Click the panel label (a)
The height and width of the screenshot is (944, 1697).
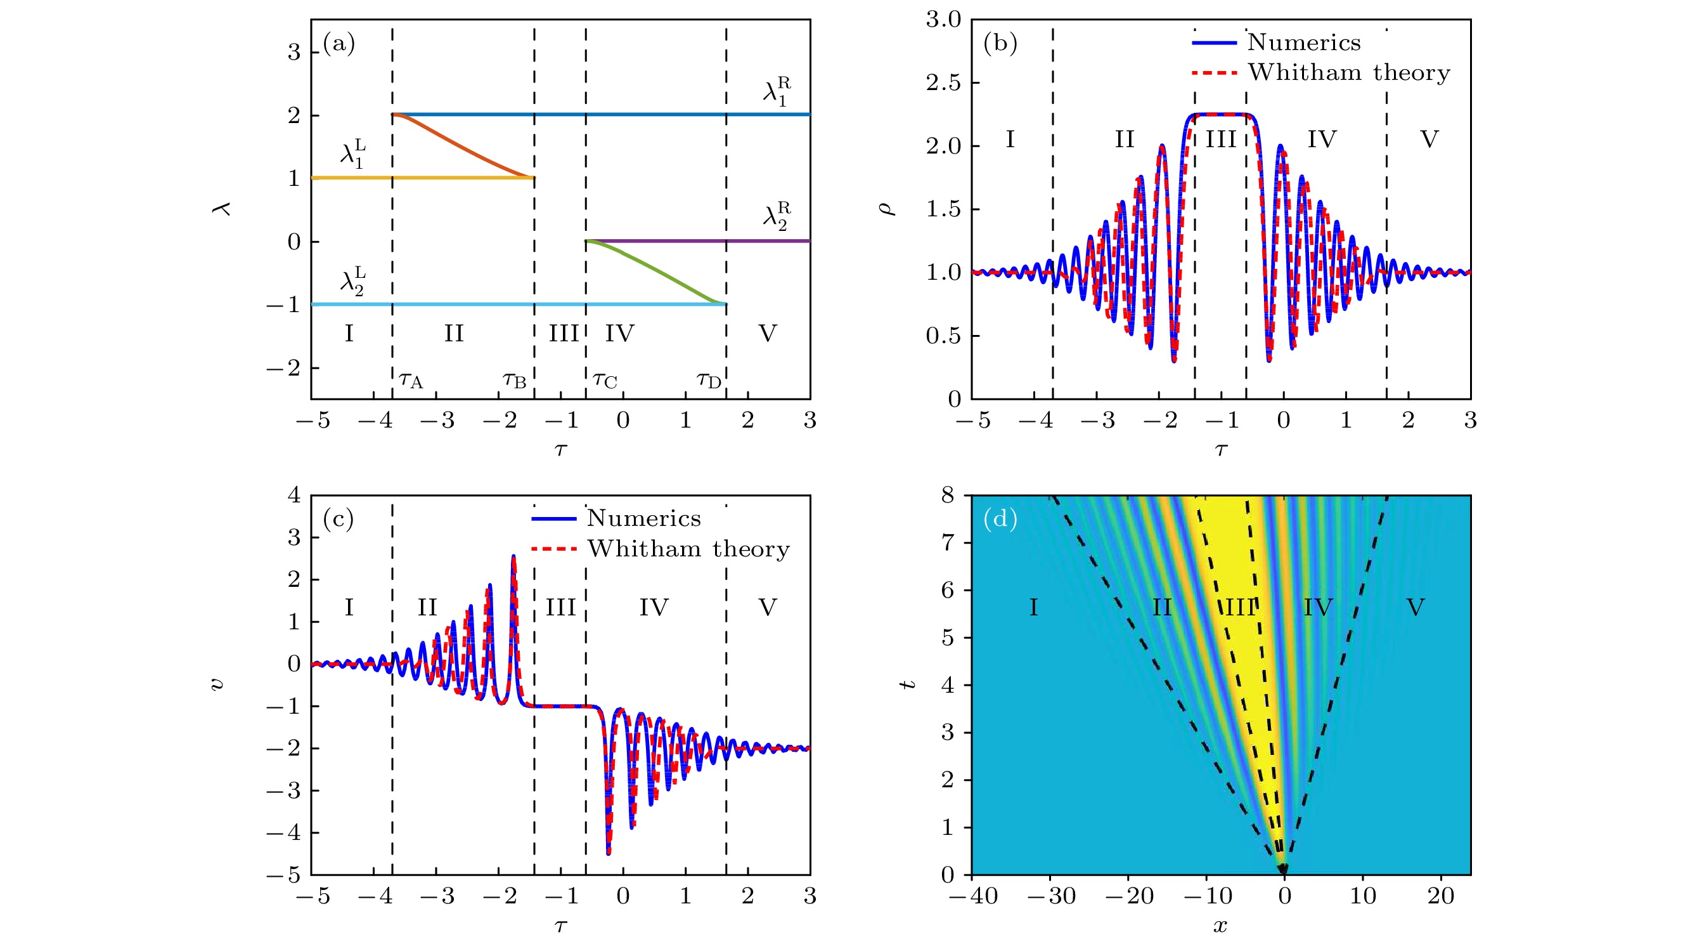pos(339,44)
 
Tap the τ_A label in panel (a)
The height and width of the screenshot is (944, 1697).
pos(411,381)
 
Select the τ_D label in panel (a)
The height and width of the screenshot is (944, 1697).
pos(709,381)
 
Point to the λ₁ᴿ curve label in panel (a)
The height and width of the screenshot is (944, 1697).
pos(777,91)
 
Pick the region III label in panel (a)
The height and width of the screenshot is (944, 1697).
pos(564,334)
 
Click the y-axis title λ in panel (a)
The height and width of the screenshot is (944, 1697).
pos(223,209)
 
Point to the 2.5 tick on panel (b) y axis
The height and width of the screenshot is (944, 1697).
pos(943,83)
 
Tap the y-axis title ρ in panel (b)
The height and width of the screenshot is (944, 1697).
pos(887,209)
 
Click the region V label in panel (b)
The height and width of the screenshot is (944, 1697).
pos(1429,140)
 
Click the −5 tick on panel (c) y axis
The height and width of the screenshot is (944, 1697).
pos(283,875)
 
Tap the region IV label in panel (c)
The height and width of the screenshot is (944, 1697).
pos(654,608)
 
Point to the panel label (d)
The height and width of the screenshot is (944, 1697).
pos(1000,520)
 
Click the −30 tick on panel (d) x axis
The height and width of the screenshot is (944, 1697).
pos(1052,896)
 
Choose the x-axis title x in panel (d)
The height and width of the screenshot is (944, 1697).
pos(1220,926)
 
